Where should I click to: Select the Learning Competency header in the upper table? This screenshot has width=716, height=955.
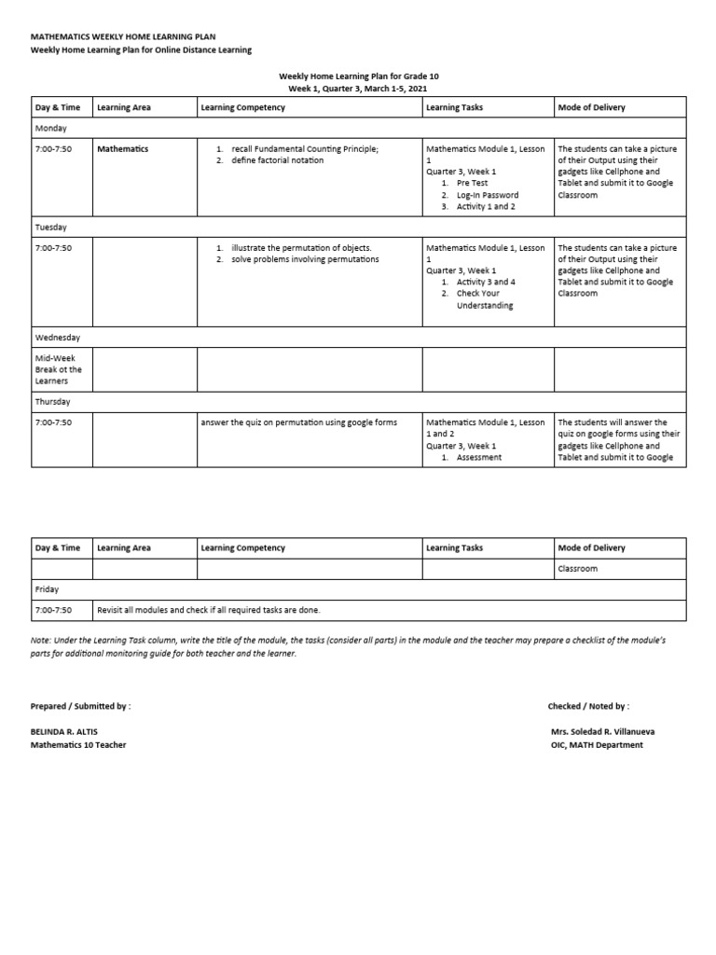tap(243, 108)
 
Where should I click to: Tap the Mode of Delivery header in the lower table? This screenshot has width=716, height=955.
tap(591, 548)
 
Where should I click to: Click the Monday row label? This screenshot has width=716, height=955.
tap(50, 128)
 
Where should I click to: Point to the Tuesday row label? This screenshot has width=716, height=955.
tap(51, 228)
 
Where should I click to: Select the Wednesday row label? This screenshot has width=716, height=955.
tap(58, 338)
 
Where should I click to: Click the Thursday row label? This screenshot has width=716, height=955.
tap(53, 402)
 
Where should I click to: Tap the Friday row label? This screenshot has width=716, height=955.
tap(46, 589)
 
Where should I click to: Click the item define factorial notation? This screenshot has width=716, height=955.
tap(277, 160)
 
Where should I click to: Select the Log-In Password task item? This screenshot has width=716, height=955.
tap(487, 195)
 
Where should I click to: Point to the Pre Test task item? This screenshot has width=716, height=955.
tap(472, 184)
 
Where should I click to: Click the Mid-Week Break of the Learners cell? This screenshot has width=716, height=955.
tap(59, 369)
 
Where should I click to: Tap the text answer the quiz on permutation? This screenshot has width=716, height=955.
tap(298, 422)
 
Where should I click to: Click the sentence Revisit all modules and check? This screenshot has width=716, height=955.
tap(208, 610)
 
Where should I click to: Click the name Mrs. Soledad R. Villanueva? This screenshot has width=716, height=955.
tap(604, 732)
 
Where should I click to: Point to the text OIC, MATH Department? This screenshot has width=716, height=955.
tap(597, 745)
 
